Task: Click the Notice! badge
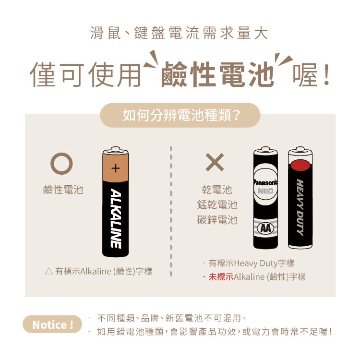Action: click(x=52, y=324)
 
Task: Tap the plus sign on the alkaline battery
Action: click(x=116, y=168)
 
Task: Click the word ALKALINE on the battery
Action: click(x=116, y=218)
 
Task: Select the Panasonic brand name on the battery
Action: click(x=265, y=182)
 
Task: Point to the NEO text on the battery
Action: click(x=265, y=191)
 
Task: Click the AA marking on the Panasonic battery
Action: click(x=265, y=228)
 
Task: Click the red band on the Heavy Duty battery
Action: click(x=300, y=165)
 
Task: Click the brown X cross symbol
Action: click(x=215, y=162)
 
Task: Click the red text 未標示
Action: click(x=221, y=276)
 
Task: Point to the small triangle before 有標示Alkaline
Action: click(x=49, y=271)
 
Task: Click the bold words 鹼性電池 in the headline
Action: click(x=218, y=74)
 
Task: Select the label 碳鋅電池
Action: click(x=217, y=220)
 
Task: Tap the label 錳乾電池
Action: click(x=217, y=204)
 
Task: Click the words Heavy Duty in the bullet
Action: click(x=255, y=264)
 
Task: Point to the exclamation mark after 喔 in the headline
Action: click(x=326, y=74)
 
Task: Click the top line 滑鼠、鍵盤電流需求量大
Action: click(x=179, y=33)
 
